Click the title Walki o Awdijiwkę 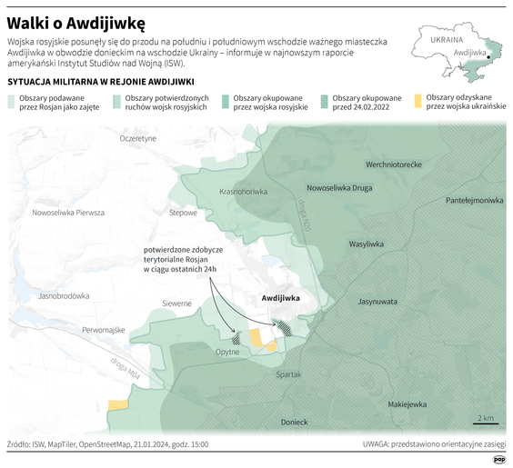[78, 19]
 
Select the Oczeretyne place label [138, 138]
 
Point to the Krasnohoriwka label [243, 192]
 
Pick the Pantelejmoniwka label [474, 199]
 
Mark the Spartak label [287, 373]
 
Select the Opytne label [226, 352]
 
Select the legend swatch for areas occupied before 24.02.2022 [324, 102]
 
